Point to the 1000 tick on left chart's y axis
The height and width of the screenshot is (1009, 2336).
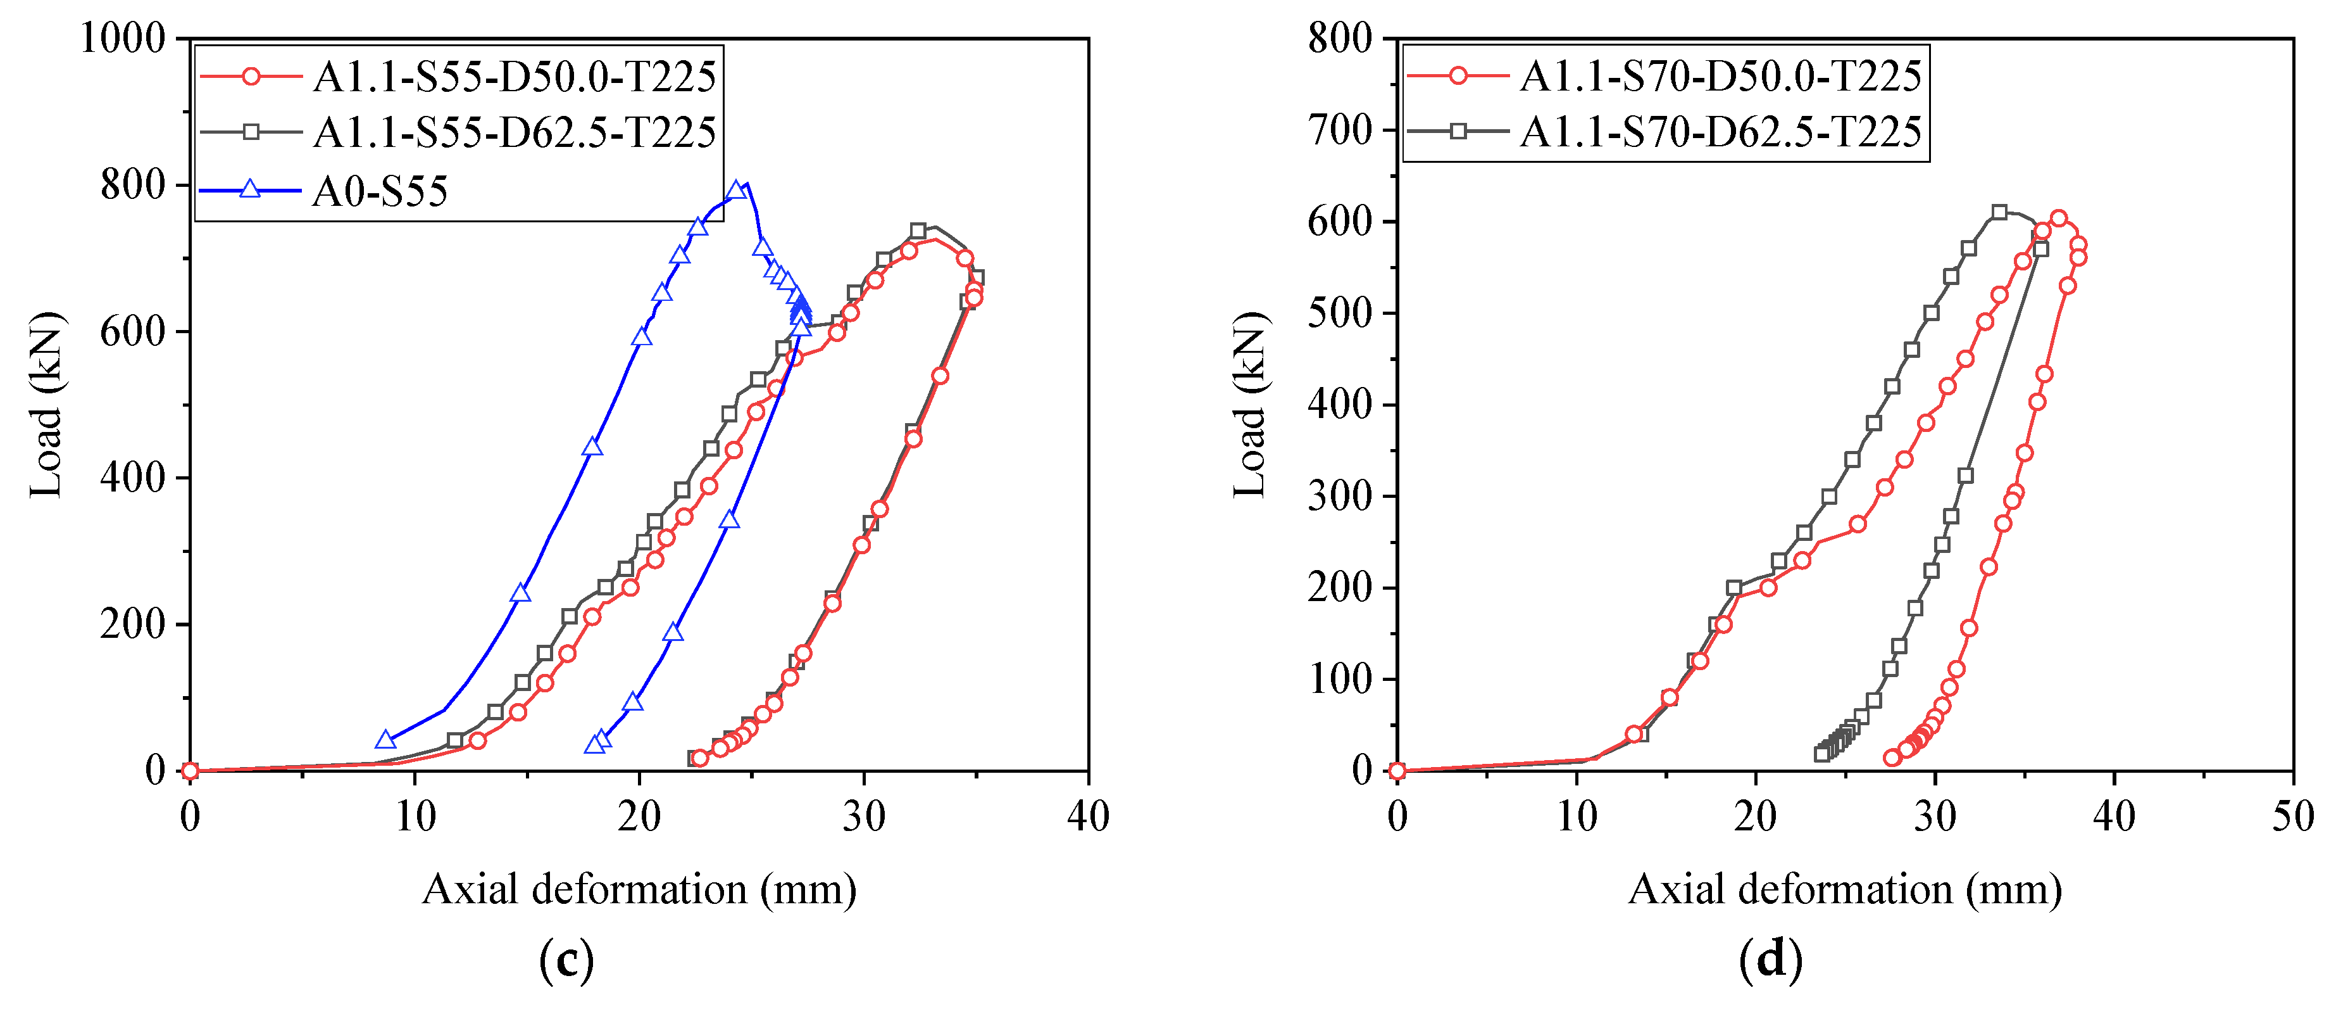point(123,39)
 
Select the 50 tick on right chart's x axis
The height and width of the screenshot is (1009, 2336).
point(2292,816)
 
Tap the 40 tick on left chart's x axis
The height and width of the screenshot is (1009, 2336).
point(1087,816)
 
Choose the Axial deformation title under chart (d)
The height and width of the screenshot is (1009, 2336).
point(1844,889)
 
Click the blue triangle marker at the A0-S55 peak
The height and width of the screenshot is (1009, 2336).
point(736,191)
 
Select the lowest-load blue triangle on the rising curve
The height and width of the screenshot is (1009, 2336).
point(385,740)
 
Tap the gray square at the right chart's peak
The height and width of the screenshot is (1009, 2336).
point(1999,212)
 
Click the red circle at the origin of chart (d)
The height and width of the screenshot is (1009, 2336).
point(1397,771)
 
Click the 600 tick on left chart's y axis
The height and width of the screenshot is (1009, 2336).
point(132,331)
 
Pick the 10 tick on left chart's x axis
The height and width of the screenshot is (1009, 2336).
point(415,816)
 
